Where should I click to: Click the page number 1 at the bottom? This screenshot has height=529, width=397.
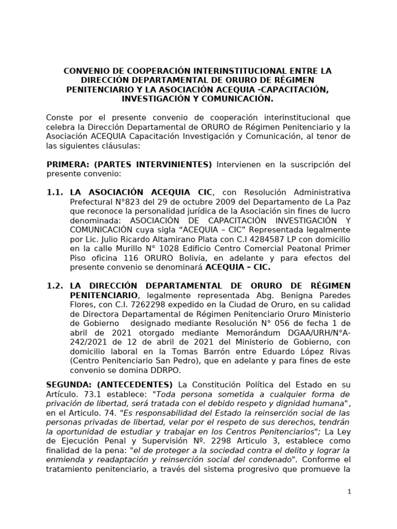pyautogui.click(x=349, y=492)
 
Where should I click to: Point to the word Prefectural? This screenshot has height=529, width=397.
pyautogui.click(x=94, y=202)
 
